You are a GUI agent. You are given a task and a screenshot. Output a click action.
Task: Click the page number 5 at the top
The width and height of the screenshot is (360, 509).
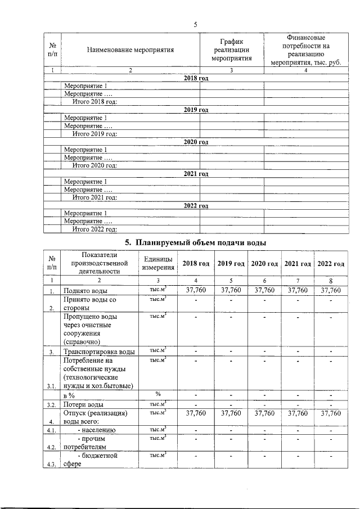(x=195, y=25)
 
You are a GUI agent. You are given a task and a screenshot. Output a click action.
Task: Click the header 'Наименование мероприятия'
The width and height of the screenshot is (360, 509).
(x=130, y=49)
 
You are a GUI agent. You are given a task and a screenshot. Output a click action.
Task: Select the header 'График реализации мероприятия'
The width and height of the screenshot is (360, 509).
(x=231, y=49)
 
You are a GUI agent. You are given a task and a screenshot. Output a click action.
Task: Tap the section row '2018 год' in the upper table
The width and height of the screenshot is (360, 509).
(x=196, y=78)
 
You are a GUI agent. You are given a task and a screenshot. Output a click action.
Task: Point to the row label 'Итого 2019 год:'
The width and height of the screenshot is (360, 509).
(x=94, y=134)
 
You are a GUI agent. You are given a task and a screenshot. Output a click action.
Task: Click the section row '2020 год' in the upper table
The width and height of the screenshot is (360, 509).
(x=196, y=142)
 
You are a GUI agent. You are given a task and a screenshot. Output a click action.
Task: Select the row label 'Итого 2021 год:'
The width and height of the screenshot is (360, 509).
(x=94, y=197)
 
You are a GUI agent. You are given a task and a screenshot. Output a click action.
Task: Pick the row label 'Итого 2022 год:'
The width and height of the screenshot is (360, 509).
(x=94, y=229)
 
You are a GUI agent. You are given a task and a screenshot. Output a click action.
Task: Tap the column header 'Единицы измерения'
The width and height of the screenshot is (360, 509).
(x=159, y=263)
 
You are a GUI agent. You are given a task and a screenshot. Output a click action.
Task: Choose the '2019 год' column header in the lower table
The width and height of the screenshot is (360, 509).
(x=231, y=264)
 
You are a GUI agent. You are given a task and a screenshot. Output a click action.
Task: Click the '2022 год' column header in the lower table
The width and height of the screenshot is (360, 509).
(x=331, y=264)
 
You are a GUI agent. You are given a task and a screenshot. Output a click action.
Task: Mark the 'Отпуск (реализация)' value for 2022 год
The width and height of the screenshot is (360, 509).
(x=331, y=413)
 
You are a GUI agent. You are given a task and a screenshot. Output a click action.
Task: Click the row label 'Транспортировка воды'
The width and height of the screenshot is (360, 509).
(x=99, y=352)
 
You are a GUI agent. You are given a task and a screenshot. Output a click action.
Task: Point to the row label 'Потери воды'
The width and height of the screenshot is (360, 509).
(x=83, y=404)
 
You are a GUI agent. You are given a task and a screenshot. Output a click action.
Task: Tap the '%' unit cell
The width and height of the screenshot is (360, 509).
(x=158, y=394)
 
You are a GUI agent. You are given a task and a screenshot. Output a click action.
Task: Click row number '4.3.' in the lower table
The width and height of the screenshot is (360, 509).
(x=51, y=464)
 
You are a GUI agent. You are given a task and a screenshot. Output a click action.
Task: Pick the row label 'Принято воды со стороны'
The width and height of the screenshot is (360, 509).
(x=90, y=304)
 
